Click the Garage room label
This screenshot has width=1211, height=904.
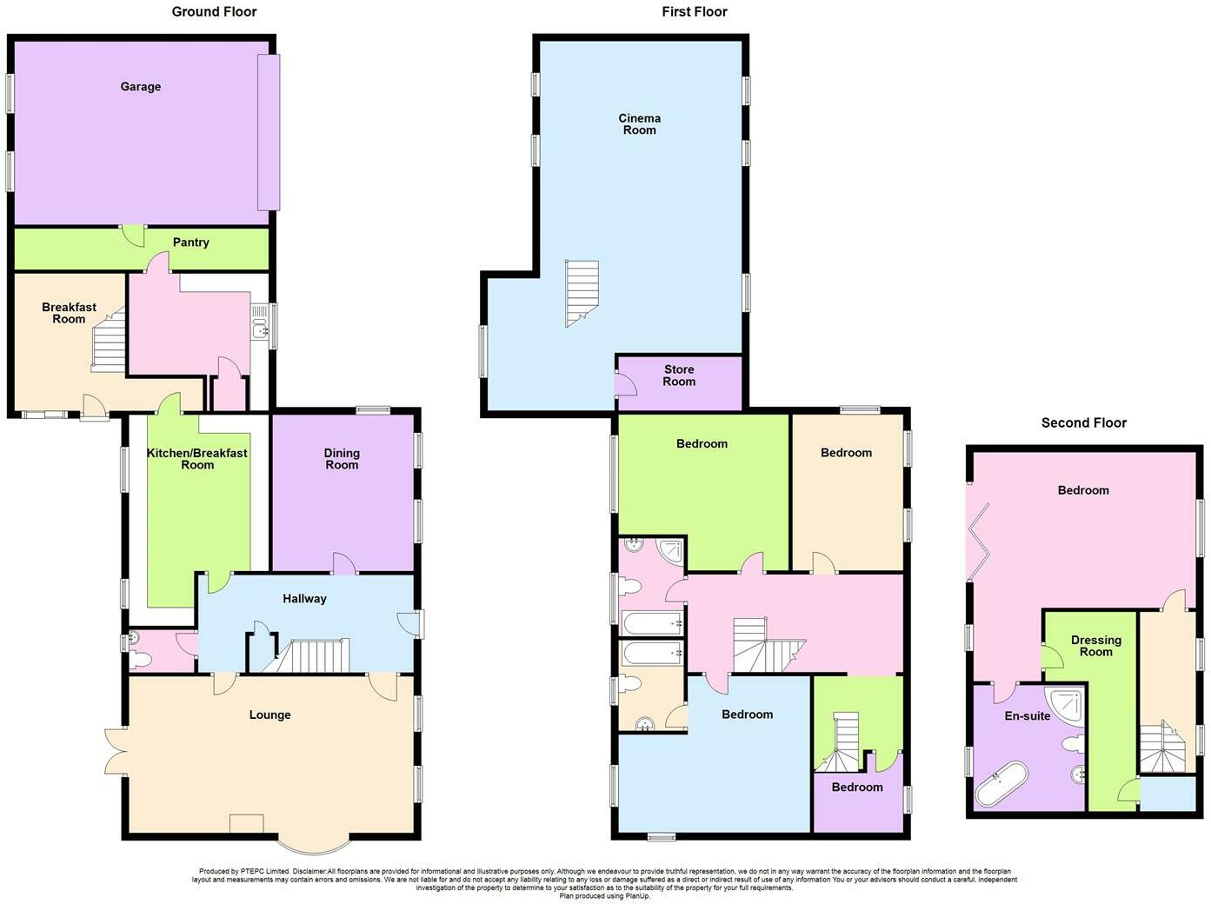click(141, 87)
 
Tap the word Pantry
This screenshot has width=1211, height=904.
click(190, 243)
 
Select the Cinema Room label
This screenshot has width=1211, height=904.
click(639, 124)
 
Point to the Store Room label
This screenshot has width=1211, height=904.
click(679, 376)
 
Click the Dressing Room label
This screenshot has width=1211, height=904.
click(1095, 646)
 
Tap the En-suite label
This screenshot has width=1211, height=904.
click(1027, 716)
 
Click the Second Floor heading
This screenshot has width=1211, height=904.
click(1083, 422)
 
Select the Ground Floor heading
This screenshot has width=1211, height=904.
click(214, 11)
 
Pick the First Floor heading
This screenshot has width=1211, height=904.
click(694, 11)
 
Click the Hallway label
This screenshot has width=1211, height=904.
click(304, 599)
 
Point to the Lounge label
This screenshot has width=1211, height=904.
click(269, 715)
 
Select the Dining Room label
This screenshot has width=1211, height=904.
click(342, 459)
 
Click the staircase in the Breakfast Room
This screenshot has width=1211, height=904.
click(109, 344)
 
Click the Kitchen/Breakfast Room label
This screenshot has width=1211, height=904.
click(196, 459)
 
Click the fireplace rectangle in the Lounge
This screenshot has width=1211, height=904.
click(246, 823)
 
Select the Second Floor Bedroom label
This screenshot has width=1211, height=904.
click(1083, 490)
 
